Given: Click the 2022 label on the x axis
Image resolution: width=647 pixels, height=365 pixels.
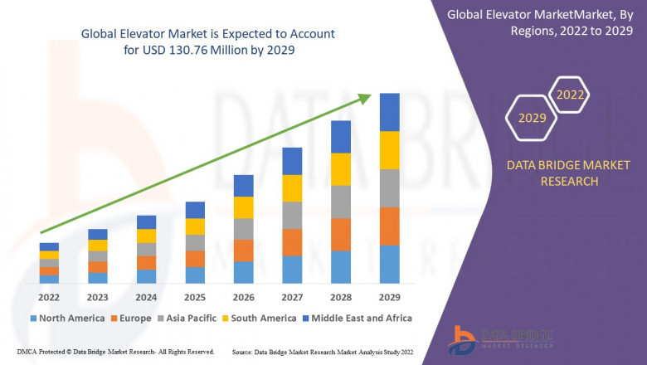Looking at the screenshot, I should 49,296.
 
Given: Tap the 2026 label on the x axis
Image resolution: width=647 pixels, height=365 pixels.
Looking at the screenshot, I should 243,296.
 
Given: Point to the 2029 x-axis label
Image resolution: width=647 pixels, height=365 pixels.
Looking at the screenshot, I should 389,296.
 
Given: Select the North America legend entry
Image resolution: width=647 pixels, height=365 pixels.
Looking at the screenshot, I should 66,318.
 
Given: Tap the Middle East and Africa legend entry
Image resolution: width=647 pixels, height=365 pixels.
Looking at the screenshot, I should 358,318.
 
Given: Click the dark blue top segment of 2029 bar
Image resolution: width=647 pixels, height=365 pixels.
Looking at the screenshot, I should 389,112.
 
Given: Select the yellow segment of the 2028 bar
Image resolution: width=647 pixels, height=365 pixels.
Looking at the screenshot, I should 340,169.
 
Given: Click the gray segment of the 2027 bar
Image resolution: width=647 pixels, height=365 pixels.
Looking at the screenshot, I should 292,215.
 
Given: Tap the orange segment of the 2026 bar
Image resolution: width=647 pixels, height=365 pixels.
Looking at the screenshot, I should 243,251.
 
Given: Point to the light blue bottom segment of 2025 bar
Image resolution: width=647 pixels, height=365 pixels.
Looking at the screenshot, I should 195,275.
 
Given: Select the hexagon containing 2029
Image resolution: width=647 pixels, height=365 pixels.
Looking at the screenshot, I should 533,119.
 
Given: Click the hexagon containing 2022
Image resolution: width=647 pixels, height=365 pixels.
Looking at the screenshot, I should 570,95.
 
